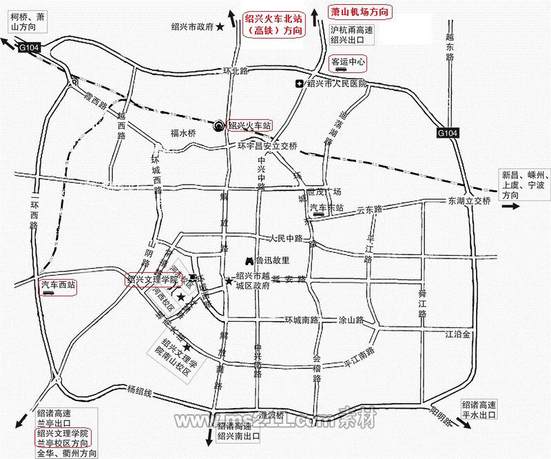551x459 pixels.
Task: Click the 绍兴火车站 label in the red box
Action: coord(249,125)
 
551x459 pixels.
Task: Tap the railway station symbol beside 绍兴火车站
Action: coord(220,125)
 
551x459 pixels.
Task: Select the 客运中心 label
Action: coord(349,62)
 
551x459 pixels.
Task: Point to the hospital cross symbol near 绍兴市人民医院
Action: coord(299,84)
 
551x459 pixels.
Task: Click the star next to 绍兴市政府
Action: coord(220,27)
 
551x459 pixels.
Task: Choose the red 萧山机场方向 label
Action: coord(359,12)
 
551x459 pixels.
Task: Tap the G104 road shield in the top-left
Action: coord(29,48)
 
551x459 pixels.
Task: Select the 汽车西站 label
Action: coord(57,284)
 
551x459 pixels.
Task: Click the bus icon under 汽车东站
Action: coord(318,215)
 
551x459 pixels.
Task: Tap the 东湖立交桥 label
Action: coord(469,201)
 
